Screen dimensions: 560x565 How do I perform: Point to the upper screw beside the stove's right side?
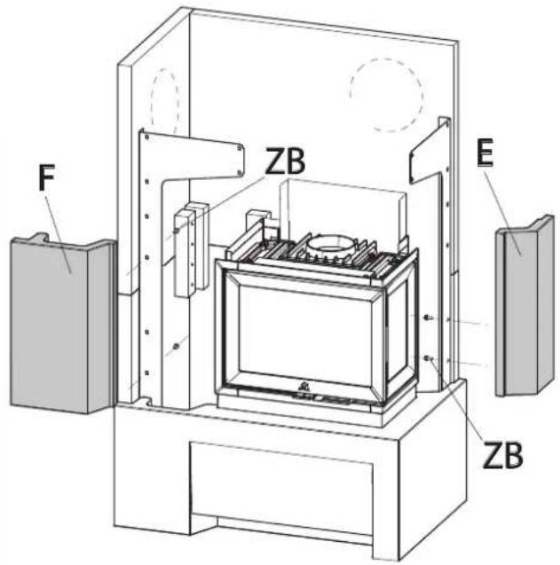(x=428, y=318)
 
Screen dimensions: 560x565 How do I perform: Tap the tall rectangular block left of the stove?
(x=191, y=252)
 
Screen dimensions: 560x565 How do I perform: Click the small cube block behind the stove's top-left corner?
(x=258, y=220)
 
